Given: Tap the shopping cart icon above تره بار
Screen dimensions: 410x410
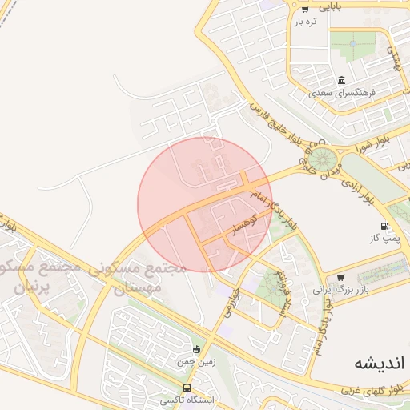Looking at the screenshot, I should (x=305, y=9).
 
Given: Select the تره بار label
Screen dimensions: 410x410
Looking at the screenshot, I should (x=306, y=22).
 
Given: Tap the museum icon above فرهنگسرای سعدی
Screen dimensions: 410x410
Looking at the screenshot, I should (x=342, y=80).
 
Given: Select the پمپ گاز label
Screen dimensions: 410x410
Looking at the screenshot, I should (x=384, y=239).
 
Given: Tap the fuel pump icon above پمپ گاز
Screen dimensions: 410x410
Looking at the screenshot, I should (x=385, y=226).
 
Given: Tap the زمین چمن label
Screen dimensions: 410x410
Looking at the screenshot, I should (x=196, y=362).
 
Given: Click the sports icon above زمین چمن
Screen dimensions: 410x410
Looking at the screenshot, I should (x=196, y=348).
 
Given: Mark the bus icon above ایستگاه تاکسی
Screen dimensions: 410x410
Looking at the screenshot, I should (x=187, y=388).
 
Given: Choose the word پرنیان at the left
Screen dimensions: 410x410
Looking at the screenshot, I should (x=33, y=284).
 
